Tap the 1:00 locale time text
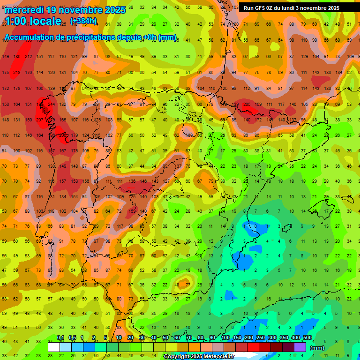pyautogui.click(x=33, y=21)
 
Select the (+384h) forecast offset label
pyautogui.click(x=83, y=21)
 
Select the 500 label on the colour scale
pyautogui.click(x=307, y=337)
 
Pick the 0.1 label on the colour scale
pyautogui.click(x=60, y=337)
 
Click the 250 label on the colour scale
pyautogui.click(x=260, y=337)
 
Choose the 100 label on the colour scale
pyautogui.click(x=225, y=337)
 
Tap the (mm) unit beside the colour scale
pyautogui.click(x=317, y=348)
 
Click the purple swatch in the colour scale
pyautogui.click(x=300, y=347)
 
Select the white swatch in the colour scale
pyautogui.click(x=54, y=347)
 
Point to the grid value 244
pyautogui.click(x=51, y=104)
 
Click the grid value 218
pyautogui.click(x=17, y=72)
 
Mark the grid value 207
pyautogui.click(x=40, y=120)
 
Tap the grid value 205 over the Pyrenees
pyautogui.click(x=247, y=104)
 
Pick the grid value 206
pyautogui.click(x=62, y=135)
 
